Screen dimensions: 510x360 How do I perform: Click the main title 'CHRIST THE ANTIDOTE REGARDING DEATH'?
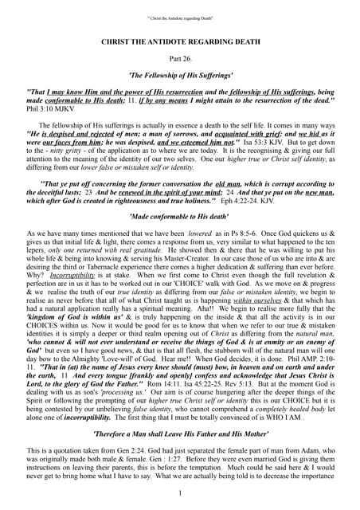point(179,40)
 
